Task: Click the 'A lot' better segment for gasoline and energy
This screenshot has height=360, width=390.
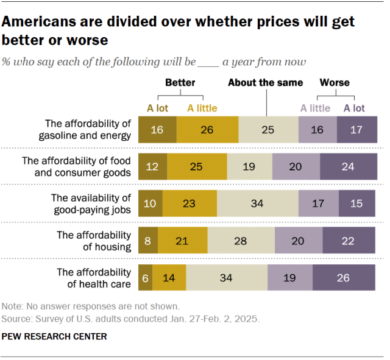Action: pyautogui.click(x=157, y=129)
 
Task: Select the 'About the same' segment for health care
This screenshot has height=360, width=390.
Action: pyautogui.click(x=227, y=278)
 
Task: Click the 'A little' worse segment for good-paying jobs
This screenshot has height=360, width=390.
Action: pyautogui.click(x=319, y=203)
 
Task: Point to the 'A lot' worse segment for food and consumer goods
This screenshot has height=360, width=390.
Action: pyautogui.click(x=347, y=166)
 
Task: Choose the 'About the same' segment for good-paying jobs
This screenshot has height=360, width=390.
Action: pyautogui.click(x=257, y=203)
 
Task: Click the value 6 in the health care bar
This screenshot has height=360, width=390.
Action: pyautogui.click(x=146, y=278)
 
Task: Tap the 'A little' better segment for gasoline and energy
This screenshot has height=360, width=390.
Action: pyautogui.click(x=207, y=129)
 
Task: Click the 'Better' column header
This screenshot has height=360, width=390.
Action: pyautogui.click(x=180, y=82)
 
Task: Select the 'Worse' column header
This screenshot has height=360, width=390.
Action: pyautogui.click(x=335, y=82)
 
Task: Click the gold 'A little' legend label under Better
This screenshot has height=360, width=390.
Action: pyautogui.click(x=202, y=108)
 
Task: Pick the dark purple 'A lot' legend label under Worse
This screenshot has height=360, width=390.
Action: pyautogui.click(x=354, y=108)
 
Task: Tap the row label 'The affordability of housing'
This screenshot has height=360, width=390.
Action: pyautogui.click(x=94, y=241)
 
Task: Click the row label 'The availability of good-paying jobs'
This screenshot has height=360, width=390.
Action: pyautogui.click(x=91, y=203)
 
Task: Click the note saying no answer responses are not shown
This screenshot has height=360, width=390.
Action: pyautogui.click(x=91, y=306)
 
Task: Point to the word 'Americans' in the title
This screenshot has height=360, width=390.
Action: pyautogui.click(x=40, y=23)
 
